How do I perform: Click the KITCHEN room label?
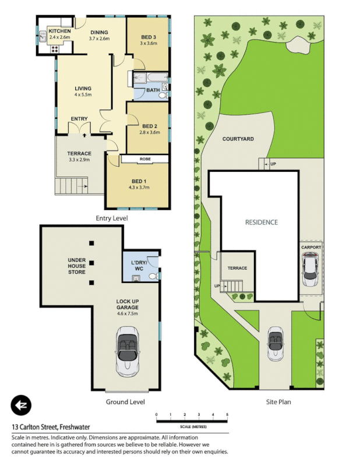pos(59,30)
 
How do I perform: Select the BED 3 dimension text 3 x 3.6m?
pos(148,43)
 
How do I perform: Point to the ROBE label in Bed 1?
pos(145,158)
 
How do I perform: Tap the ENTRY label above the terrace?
pos(79,119)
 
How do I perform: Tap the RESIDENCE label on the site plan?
pos(261,222)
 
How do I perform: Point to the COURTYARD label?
pos(238,139)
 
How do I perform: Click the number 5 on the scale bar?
pos(227,414)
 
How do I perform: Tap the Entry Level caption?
pos(111,218)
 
